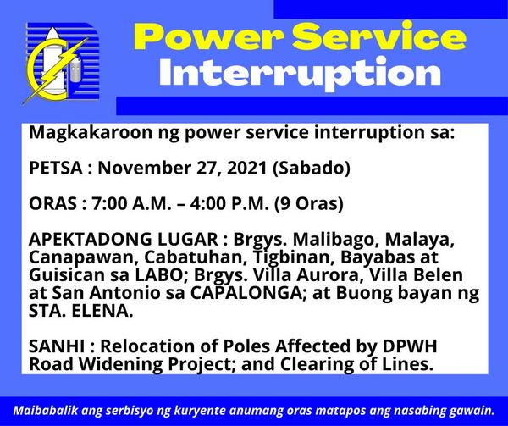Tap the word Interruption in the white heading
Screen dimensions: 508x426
coord(300,74)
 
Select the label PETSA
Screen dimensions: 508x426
coord(56,168)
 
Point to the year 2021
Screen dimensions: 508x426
coord(247,168)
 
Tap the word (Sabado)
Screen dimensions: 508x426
coord(312,169)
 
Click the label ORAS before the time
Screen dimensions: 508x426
coord(52,204)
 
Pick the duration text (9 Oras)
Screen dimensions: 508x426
coord(309,204)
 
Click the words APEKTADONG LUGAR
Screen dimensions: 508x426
coord(124,239)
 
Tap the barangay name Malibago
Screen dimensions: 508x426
coord(336,240)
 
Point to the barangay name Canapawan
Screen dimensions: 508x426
coord(84,257)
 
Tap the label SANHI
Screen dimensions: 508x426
coord(57,346)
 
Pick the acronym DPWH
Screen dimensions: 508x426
coord(410,346)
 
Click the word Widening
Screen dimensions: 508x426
coord(121,365)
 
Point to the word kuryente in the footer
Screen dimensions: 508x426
coord(200,412)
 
